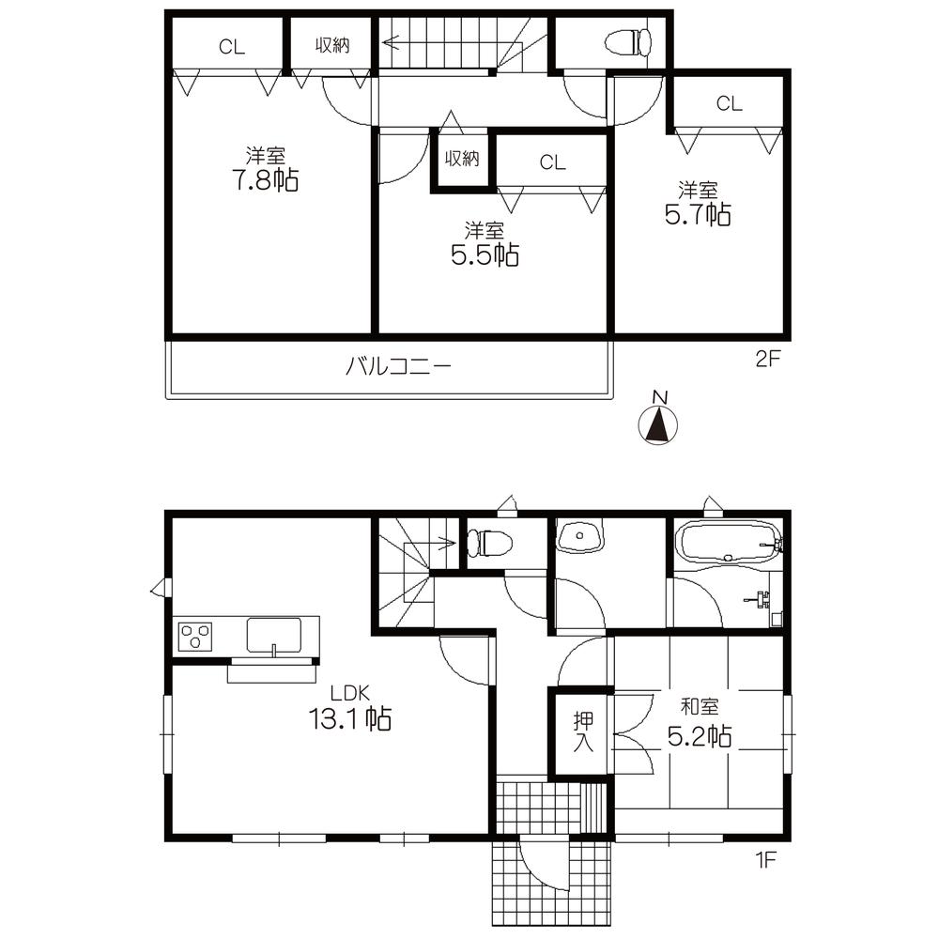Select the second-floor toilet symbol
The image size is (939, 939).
(628, 42)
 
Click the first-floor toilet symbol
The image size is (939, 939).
(489, 543)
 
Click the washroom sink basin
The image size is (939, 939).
(581, 537)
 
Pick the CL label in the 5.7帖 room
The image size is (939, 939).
(729, 104)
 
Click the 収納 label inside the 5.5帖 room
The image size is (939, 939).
(462, 159)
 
